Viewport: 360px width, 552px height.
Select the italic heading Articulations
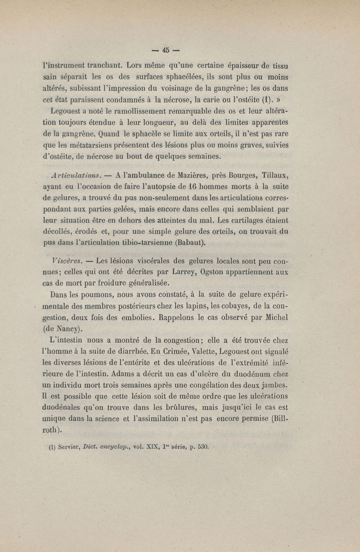[78, 175]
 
